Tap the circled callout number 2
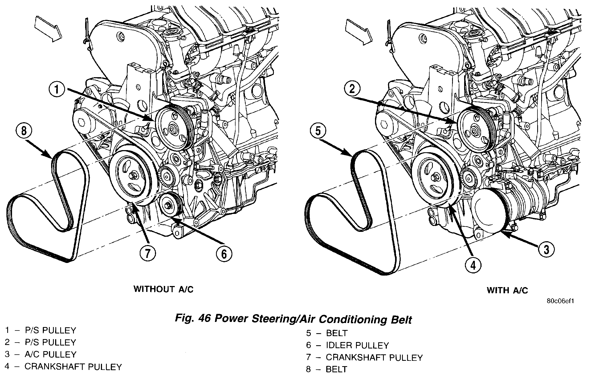(352, 89)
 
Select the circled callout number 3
(546, 250)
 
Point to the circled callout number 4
(473, 265)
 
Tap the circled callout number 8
(24, 132)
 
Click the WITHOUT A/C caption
(163, 289)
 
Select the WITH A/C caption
(507, 290)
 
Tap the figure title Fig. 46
(293, 319)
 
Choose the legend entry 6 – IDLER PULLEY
(347, 345)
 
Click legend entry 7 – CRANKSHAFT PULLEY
(364, 357)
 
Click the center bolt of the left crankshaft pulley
(132, 176)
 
